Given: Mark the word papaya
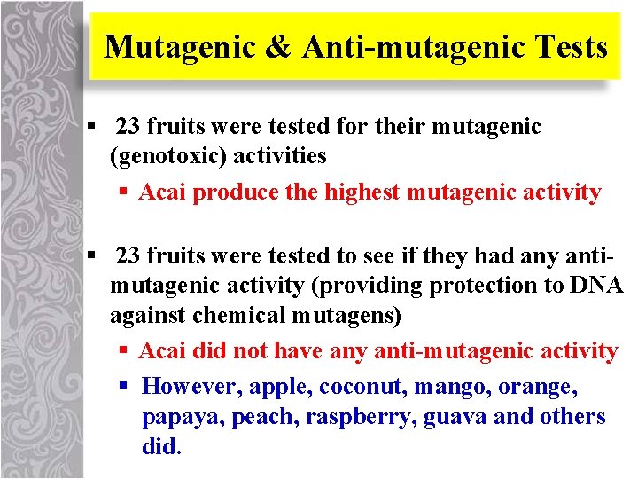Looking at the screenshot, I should tap(183, 418).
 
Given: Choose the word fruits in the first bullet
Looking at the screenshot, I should tap(176, 128).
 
